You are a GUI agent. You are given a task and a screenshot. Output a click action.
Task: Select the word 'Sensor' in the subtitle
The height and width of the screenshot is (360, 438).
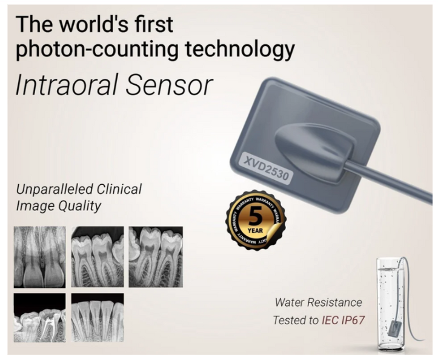(169, 85)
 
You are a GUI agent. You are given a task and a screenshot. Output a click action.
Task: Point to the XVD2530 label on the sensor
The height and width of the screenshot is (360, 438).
(266, 168)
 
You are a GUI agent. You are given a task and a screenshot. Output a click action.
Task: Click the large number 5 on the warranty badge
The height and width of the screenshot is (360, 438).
(255, 216)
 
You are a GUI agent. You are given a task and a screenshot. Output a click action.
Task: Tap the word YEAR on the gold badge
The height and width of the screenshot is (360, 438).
(255, 231)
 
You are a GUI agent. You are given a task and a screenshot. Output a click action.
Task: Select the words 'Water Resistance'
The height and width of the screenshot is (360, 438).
(318, 302)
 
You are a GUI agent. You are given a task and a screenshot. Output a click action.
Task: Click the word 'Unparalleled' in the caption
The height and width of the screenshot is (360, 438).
(53, 189)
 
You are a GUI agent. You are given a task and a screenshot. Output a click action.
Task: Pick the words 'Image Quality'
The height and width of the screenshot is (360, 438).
(59, 206)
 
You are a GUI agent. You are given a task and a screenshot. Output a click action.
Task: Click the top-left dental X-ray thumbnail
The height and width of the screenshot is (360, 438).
(39, 257)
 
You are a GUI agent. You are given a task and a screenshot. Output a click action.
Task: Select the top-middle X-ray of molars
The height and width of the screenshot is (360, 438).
(98, 257)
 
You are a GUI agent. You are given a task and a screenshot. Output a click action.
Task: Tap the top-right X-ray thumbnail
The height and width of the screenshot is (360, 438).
(156, 257)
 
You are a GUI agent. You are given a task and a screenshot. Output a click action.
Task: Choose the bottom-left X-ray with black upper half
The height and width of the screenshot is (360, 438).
(39, 318)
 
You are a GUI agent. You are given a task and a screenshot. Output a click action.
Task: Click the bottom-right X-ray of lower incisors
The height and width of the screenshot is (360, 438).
(98, 318)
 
